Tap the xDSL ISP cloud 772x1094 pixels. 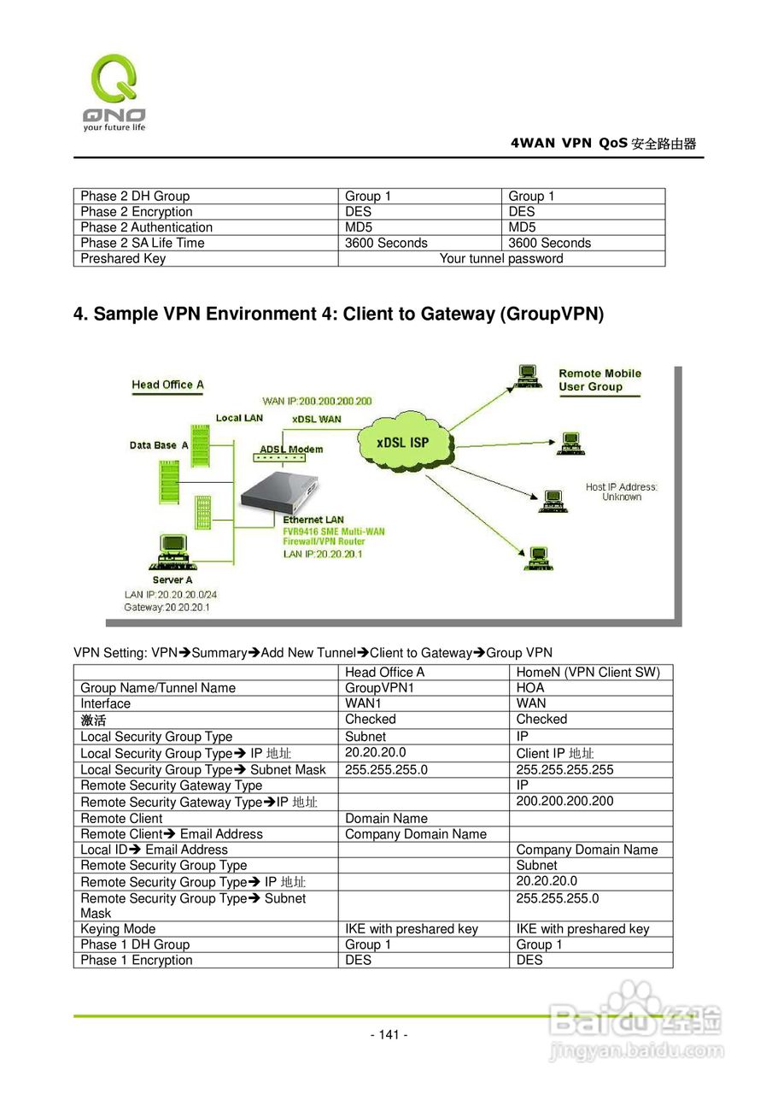coord(403,443)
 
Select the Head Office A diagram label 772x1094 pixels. coord(167,385)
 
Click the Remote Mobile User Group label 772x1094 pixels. coord(599,380)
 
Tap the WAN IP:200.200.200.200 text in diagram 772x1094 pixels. coord(317,401)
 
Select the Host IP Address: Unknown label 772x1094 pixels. coord(621,491)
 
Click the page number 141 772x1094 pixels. coord(389,1035)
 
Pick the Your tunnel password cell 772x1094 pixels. coord(500,259)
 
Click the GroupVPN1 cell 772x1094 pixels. coord(379,688)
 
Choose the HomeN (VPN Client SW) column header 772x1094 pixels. coord(588,673)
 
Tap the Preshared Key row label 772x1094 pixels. coord(123,259)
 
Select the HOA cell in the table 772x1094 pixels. coord(530,688)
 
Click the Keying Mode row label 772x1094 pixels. coord(118,929)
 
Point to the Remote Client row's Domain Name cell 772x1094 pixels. coord(386,819)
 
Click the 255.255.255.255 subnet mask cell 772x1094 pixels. coord(564,770)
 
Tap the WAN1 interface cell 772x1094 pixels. coord(363,703)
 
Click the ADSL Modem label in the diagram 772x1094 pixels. coord(291,450)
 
